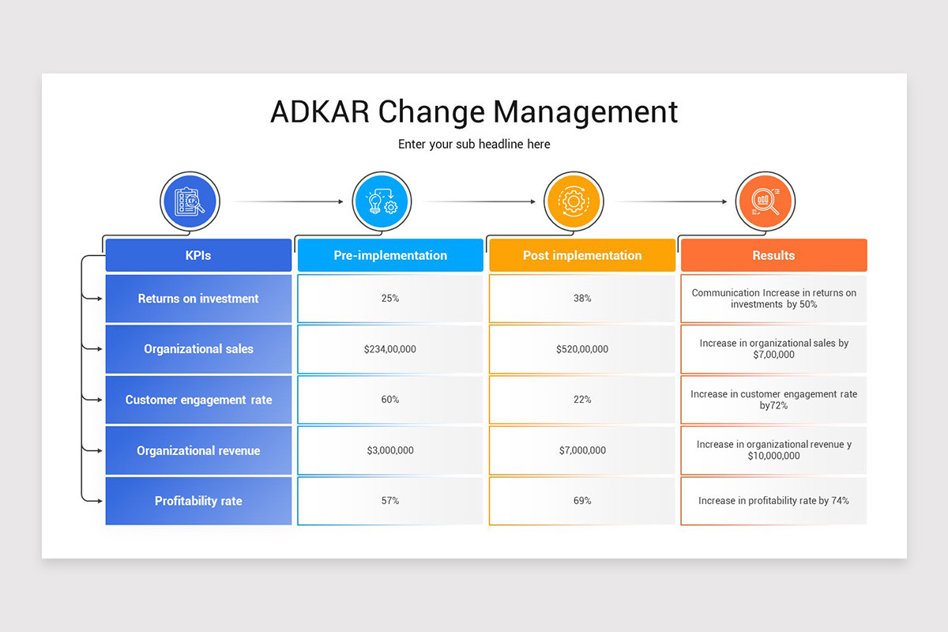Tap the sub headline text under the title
tap(474, 144)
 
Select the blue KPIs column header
tap(198, 255)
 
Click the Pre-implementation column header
tap(390, 255)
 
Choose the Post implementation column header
tap(582, 255)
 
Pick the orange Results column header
tap(773, 255)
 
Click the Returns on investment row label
tap(198, 299)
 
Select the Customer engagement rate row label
tap(198, 400)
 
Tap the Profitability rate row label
tap(198, 501)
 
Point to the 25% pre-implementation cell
tap(390, 299)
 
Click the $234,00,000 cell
tap(390, 349)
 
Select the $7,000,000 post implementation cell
tap(582, 450)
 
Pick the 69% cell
tap(582, 501)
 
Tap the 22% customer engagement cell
tap(582, 400)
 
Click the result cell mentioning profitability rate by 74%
tap(773, 501)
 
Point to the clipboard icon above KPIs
tap(190, 201)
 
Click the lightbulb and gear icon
tap(382, 201)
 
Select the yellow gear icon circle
tap(574, 201)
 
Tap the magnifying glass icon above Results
tap(765, 201)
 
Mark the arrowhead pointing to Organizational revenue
tap(100, 450)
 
